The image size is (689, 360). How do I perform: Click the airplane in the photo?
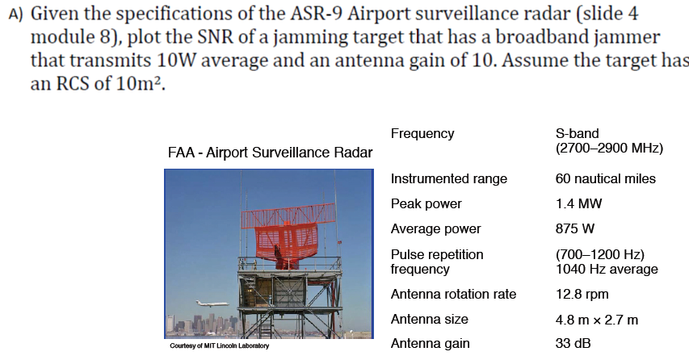212,304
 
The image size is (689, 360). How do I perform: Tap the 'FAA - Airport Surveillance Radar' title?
270,153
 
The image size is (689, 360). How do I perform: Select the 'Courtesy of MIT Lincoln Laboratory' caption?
219,346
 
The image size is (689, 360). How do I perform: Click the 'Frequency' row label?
422,133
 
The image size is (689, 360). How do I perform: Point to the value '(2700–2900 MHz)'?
609,149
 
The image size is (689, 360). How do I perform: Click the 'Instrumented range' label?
448,178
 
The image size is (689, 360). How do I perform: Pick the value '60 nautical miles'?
606,178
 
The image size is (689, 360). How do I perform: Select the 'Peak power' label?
426,203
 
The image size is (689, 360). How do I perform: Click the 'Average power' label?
435,228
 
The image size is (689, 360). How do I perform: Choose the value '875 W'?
575,228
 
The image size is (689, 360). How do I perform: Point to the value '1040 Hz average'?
607,269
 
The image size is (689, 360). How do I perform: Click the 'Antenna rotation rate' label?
453,294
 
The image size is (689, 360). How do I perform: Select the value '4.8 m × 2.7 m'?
596,319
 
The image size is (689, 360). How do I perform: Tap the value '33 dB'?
573,344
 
